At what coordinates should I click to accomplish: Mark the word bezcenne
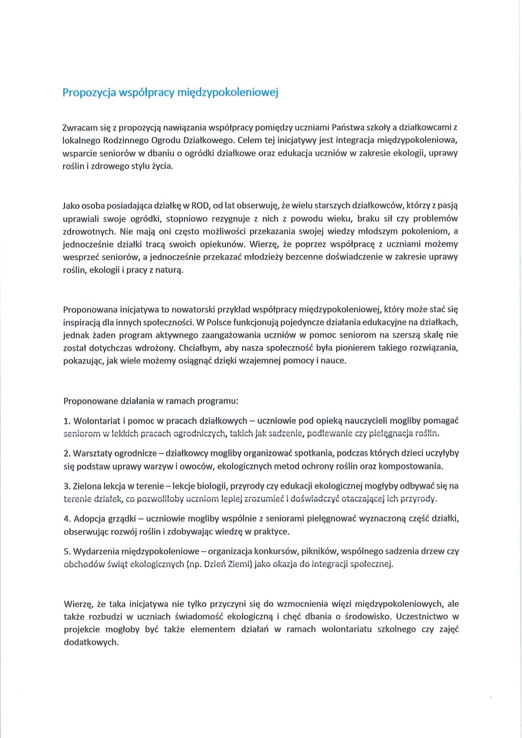point(304,257)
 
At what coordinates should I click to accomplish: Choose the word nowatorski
point(195,309)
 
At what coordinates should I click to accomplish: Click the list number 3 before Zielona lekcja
point(67,486)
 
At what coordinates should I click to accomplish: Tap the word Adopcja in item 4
point(89,519)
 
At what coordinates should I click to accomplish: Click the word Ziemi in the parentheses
point(237,564)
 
